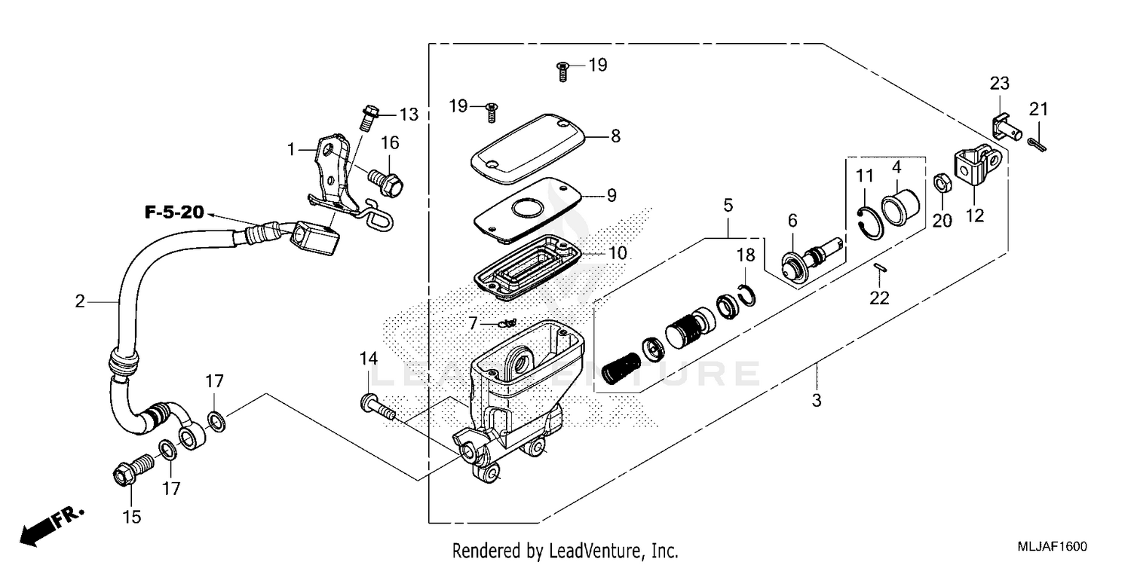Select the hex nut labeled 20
click(x=941, y=183)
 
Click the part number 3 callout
click(x=817, y=400)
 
